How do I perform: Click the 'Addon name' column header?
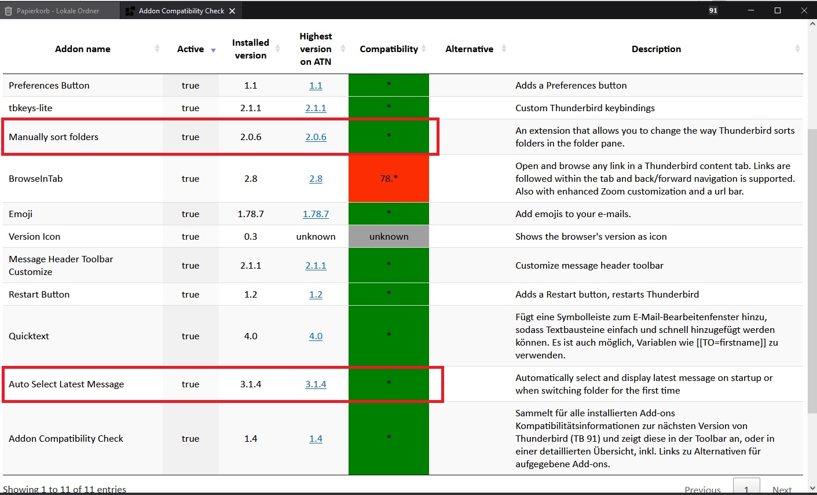click(83, 49)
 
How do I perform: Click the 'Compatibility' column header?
click(389, 49)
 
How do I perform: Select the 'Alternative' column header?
click(469, 49)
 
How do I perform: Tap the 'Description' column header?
click(656, 49)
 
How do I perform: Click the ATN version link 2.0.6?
click(316, 137)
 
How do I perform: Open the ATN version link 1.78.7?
click(316, 214)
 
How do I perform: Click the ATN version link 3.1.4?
click(316, 384)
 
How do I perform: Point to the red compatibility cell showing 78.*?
click(389, 179)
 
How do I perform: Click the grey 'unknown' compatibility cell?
click(389, 237)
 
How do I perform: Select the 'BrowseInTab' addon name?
click(36, 179)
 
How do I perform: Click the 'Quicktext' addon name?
click(29, 336)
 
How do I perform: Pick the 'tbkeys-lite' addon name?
click(31, 108)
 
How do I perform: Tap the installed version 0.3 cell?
click(251, 237)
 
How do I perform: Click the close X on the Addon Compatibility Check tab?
click(232, 11)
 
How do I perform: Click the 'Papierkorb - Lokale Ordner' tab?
click(58, 11)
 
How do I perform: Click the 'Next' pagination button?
click(782, 489)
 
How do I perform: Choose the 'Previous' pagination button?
click(702, 489)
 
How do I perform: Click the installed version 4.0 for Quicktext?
click(251, 336)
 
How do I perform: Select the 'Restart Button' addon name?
click(39, 295)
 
